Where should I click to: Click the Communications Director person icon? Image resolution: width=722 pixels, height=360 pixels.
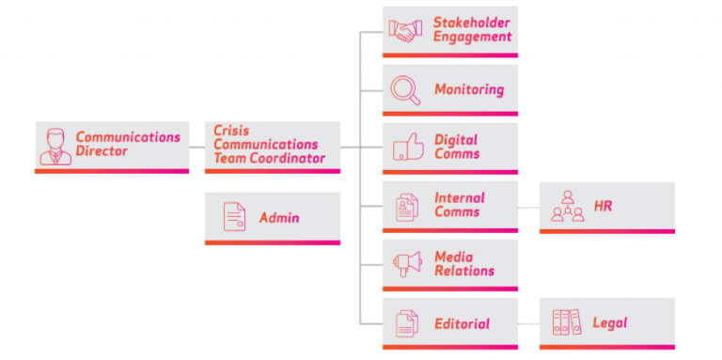[55, 145]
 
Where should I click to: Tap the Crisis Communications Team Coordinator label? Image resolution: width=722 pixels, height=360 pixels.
[269, 145]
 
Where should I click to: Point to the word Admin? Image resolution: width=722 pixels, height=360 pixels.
[279, 218]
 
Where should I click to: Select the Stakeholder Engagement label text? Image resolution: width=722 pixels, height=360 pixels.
[472, 30]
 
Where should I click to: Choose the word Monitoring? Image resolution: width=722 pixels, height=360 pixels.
[468, 90]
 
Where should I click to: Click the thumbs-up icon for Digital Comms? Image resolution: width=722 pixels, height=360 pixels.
[406, 148]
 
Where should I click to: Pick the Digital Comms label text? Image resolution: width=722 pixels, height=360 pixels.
[457, 148]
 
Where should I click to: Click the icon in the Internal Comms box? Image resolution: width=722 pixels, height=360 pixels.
[406, 206]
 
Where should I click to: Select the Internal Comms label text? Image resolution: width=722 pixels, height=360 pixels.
[460, 205]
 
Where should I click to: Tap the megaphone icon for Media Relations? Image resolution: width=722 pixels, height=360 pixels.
[406, 264]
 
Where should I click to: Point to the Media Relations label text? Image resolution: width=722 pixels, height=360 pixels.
[463, 264]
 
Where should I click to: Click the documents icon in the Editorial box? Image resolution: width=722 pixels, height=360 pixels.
[406, 323]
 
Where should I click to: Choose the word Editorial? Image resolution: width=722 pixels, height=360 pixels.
[462, 323]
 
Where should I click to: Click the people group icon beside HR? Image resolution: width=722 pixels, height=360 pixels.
[567, 206]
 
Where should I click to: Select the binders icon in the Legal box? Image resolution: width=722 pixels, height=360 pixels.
[567, 323]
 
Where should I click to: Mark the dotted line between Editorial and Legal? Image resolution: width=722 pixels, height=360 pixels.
[528, 324]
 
